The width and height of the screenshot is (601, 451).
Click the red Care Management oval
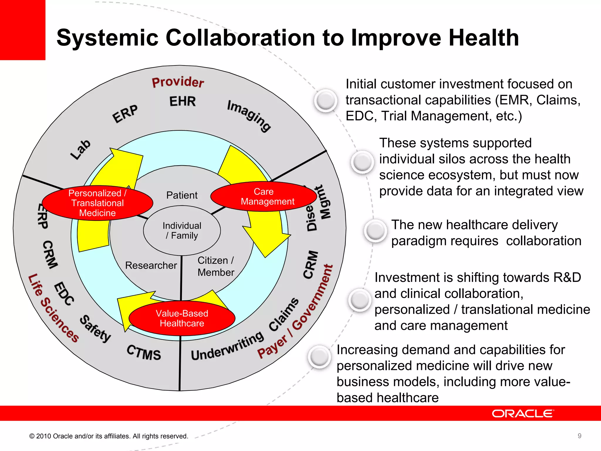tap(264, 196)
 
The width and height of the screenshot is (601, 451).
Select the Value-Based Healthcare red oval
tap(182, 318)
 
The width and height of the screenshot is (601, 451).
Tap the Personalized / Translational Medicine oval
tap(97, 203)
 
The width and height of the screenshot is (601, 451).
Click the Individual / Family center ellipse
tap(182, 230)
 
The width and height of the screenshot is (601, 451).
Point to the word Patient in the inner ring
tap(182, 195)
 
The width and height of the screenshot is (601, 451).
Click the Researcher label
tap(151, 265)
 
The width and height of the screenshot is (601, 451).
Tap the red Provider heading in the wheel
tap(178, 82)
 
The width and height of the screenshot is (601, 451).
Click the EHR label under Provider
tap(183, 101)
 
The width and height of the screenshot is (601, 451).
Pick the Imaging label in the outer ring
tap(249, 116)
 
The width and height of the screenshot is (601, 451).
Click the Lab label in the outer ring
tap(81, 150)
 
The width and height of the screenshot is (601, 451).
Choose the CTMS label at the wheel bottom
tap(144, 352)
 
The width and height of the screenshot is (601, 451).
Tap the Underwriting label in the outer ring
tap(227, 346)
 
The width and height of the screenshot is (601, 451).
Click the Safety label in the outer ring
tap(95, 329)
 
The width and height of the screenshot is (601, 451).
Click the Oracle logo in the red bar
tap(523, 414)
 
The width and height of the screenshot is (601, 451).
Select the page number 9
tap(579, 436)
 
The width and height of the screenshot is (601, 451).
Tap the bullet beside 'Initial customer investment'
tap(325, 100)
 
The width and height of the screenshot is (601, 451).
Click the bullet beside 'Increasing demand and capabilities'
tap(319, 357)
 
